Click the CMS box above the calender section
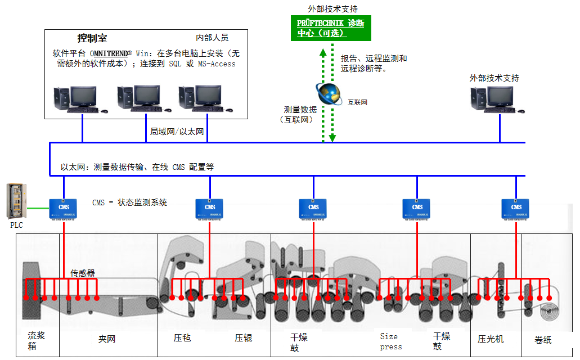coord(515,209)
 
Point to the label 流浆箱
coord(36,340)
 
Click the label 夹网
coord(106,339)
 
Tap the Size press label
coord(390,341)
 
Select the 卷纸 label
coord(543,340)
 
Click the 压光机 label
coord(491,339)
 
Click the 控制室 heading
coord(92,39)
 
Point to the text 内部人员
coord(212,38)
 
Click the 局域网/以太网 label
coord(177,131)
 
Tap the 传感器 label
coord(83,273)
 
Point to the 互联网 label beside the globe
coord(357,103)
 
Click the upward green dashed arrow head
coord(323,52)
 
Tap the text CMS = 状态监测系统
coord(129,202)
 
